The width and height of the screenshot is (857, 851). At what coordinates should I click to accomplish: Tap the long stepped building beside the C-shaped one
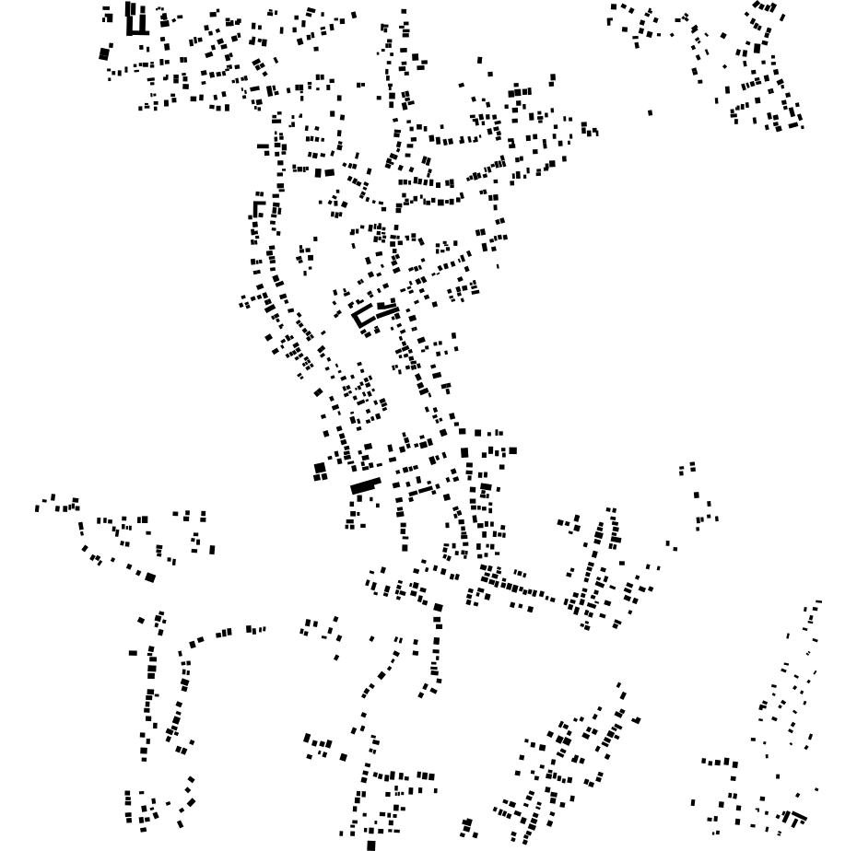coord(386,309)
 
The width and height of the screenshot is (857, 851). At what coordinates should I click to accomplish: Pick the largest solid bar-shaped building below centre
coord(365,485)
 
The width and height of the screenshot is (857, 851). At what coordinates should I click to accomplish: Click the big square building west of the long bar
coord(320,469)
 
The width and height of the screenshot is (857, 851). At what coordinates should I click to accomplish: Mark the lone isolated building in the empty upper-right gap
coord(651,112)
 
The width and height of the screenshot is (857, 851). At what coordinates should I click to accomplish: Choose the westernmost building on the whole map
coord(37,508)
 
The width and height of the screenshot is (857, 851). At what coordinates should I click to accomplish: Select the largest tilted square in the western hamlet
coord(150,577)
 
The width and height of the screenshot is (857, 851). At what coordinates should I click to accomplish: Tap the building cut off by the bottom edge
coord(371,845)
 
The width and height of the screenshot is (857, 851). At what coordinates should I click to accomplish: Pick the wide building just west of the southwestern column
coord(133,653)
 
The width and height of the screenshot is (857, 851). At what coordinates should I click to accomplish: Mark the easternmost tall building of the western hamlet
coord(212,550)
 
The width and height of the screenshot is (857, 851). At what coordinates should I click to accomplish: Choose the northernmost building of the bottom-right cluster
coord(817,602)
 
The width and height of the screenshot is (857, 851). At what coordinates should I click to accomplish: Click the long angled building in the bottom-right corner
coord(795,815)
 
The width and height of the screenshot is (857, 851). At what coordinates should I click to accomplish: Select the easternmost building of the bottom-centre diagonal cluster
coord(637,720)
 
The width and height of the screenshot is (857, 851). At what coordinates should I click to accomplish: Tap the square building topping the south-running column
coord(438,608)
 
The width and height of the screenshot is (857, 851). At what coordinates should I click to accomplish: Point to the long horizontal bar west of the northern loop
coord(264,146)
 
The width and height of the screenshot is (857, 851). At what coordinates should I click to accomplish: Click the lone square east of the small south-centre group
coord(343,757)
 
